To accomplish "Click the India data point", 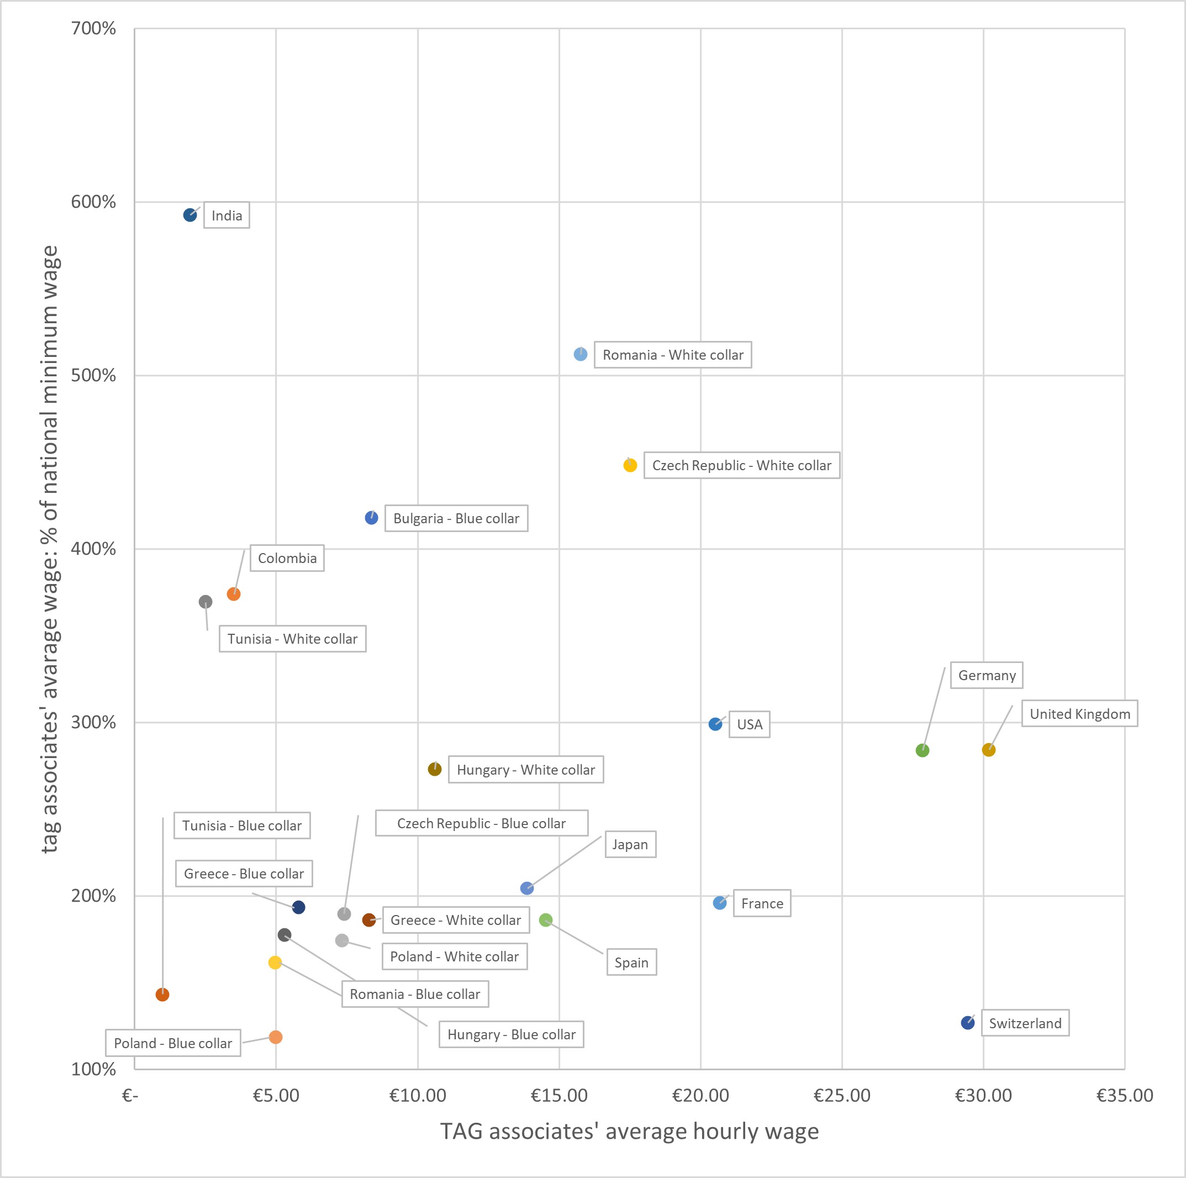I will pyautogui.click(x=190, y=215).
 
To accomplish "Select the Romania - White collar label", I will pyautogui.click(x=672, y=355).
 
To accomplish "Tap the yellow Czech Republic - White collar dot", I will pyautogui.click(x=630, y=465).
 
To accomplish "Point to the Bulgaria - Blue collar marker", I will pyautogui.click(x=371, y=518).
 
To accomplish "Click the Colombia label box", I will pyautogui.click(x=287, y=558).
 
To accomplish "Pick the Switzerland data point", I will pyautogui.click(x=967, y=1023).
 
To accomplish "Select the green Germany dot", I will pyautogui.click(x=922, y=750).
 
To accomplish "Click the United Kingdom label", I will pyautogui.click(x=1079, y=713).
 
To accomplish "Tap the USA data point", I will pyautogui.click(x=715, y=724).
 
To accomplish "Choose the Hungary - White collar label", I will pyautogui.click(x=525, y=770).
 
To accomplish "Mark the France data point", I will pyautogui.click(x=719, y=903).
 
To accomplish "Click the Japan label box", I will pyautogui.click(x=630, y=844).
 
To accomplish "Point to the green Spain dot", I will pyautogui.click(x=545, y=919).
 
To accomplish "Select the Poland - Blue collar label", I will pyautogui.click(x=173, y=1043).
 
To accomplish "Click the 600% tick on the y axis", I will pyautogui.click(x=93, y=202).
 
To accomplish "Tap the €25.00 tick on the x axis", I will pyautogui.click(x=842, y=1096).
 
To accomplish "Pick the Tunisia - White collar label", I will pyautogui.click(x=292, y=638).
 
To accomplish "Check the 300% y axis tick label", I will pyautogui.click(x=93, y=722).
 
